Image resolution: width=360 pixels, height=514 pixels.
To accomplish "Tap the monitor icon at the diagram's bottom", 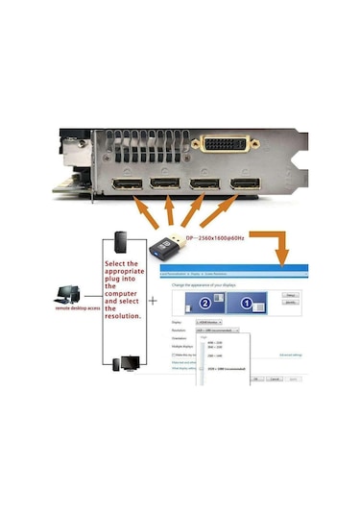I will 128,364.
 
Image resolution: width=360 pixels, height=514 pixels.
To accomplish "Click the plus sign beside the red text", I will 153,300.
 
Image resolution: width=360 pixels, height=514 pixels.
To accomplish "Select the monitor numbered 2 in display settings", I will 204,305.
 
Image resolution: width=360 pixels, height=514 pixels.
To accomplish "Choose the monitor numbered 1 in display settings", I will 246,305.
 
